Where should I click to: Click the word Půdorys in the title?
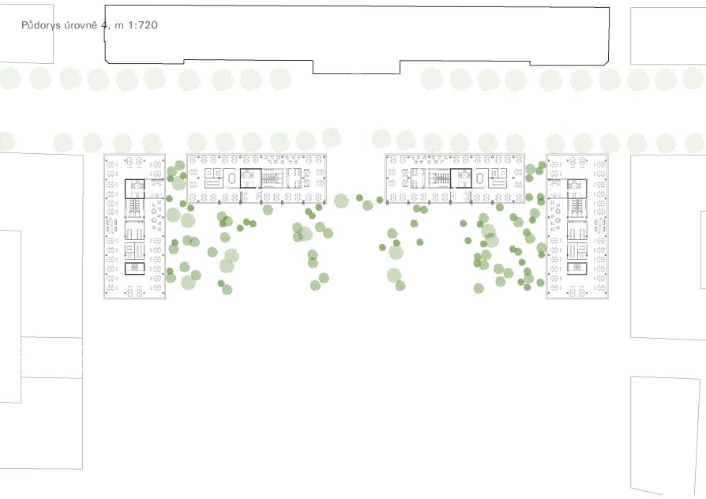[x=41, y=25]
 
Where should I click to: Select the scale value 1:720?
[x=143, y=24]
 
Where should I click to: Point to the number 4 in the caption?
[x=104, y=24]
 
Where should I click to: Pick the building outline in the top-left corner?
[x=27, y=34]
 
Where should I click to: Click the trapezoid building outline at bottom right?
[x=665, y=435]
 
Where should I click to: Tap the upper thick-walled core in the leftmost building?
[x=134, y=189]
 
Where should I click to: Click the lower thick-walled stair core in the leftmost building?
[x=134, y=268]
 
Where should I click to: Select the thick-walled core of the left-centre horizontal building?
[x=250, y=178]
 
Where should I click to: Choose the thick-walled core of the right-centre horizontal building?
[x=460, y=178]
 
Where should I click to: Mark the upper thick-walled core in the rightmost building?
[x=576, y=189]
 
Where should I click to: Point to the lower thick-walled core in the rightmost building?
[x=576, y=268]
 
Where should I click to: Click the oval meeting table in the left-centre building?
[x=232, y=178]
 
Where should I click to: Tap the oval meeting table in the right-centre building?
[x=479, y=178]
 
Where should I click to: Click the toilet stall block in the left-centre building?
[x=272, y=178]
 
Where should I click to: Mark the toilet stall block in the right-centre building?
[x=439, y=178]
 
